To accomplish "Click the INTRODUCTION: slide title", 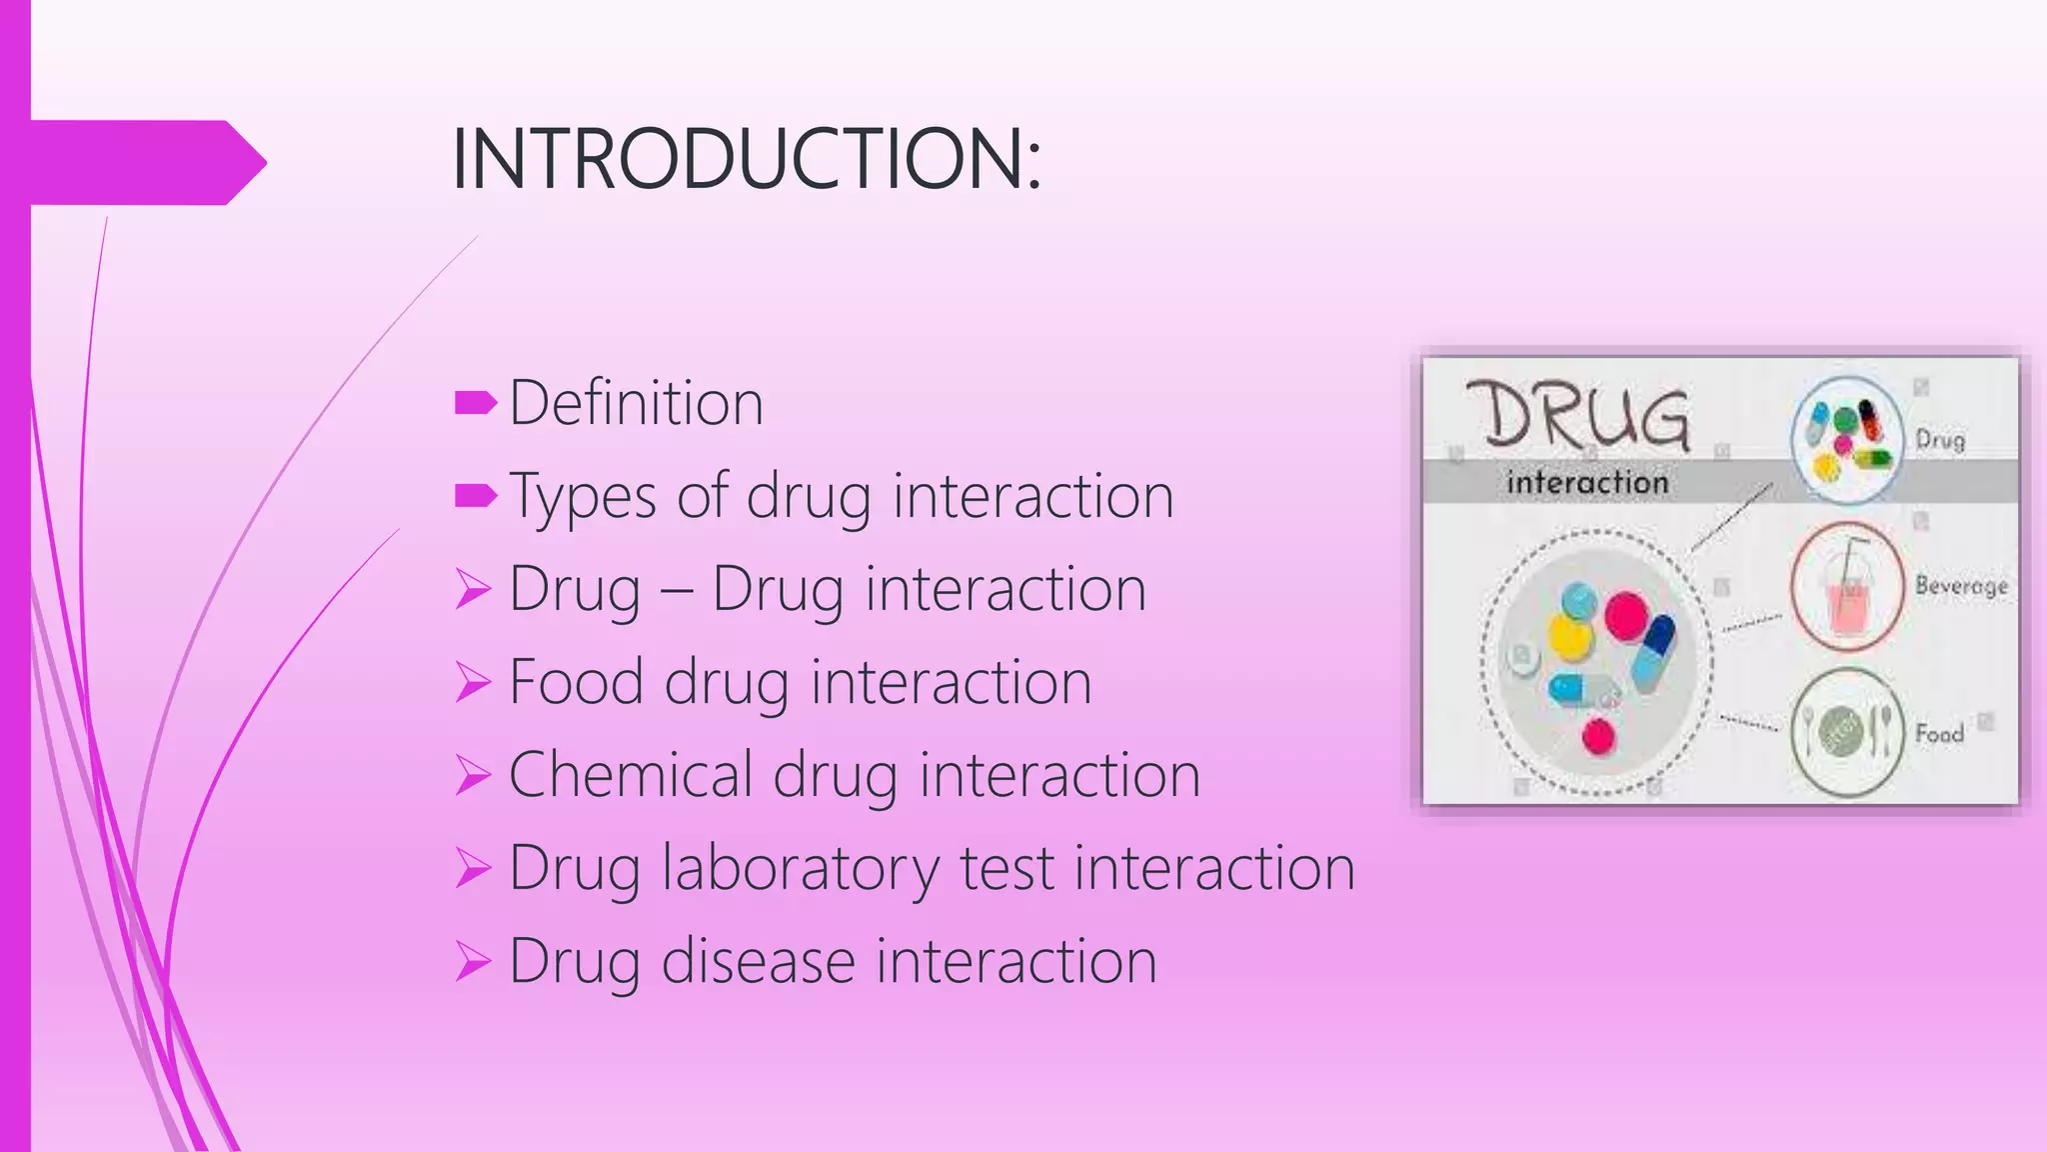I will [746, 159].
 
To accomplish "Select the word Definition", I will [636, 403].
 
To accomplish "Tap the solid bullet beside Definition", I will [475, 403].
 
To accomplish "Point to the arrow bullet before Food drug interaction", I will [473, 683].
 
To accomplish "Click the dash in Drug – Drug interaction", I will [677, 590].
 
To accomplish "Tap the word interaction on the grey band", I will [1587, 483].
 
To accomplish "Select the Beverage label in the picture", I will [1960, 585].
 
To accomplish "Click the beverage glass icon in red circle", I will [1847, 588].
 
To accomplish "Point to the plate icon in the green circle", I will [1846, 731].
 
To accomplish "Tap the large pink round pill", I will [1626, 615].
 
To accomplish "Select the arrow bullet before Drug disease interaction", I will [473, 962].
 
